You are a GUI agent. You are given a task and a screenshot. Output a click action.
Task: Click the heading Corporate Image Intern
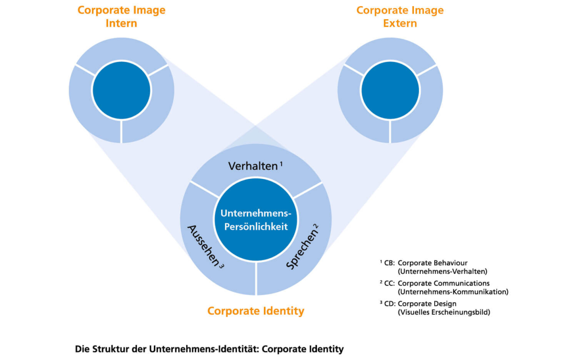click(x=121, y=17)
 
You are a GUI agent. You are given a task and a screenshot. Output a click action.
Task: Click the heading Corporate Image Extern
click(x=400, y=17)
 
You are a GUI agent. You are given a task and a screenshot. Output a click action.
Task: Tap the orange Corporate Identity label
click(x=256, y=311)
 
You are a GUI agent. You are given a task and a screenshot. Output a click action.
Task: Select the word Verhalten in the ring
click(x=253, y=166)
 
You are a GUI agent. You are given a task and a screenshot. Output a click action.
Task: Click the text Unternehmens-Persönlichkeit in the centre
click(x=253, y=219)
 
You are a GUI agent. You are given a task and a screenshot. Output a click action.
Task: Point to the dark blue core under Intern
click(x=121, y=90)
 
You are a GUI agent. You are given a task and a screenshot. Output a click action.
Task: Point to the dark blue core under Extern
click(x=390, y=90)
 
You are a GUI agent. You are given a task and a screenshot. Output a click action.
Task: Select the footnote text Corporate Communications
click(x=443, y=284)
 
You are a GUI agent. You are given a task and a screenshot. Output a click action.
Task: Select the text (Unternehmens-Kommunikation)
click(x=453, y=292)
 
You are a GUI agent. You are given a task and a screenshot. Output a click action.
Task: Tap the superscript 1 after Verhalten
click(x=281, y=164)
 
